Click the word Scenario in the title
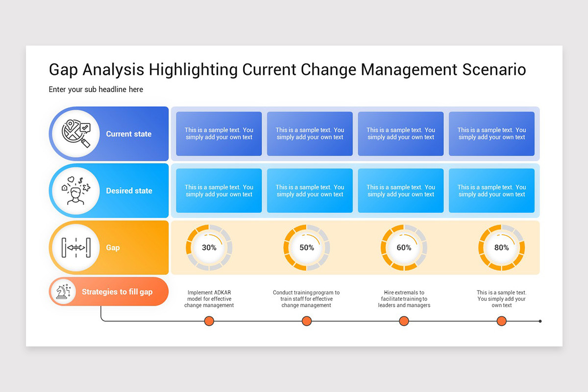pos(494,70)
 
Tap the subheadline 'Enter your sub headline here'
pos(96,90)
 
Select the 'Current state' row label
pos(128,134)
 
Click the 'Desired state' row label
pos(129,191)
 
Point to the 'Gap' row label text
pos(113,247)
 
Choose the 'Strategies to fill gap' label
pos(117,292)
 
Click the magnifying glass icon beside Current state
pos(76,133)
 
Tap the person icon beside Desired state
pos(76,191)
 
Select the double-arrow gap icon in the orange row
pos(76,247)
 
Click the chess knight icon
pos(64,292)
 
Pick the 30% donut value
pos(209,247)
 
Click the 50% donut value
pos(307,247)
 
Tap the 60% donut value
pos(404,247)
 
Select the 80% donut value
pos(502,247)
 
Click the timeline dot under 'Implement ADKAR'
pos(209,321)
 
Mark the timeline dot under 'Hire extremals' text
pos(404,321)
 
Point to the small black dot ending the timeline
pos(540,321)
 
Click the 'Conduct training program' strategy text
pos(306,299)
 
